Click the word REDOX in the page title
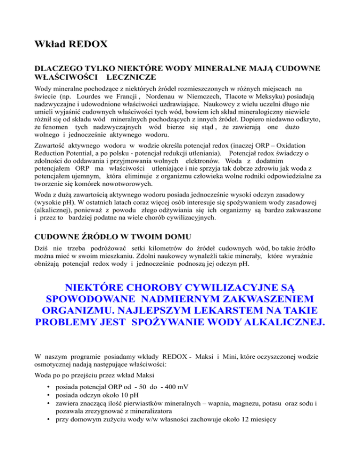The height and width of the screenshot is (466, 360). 86,45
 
